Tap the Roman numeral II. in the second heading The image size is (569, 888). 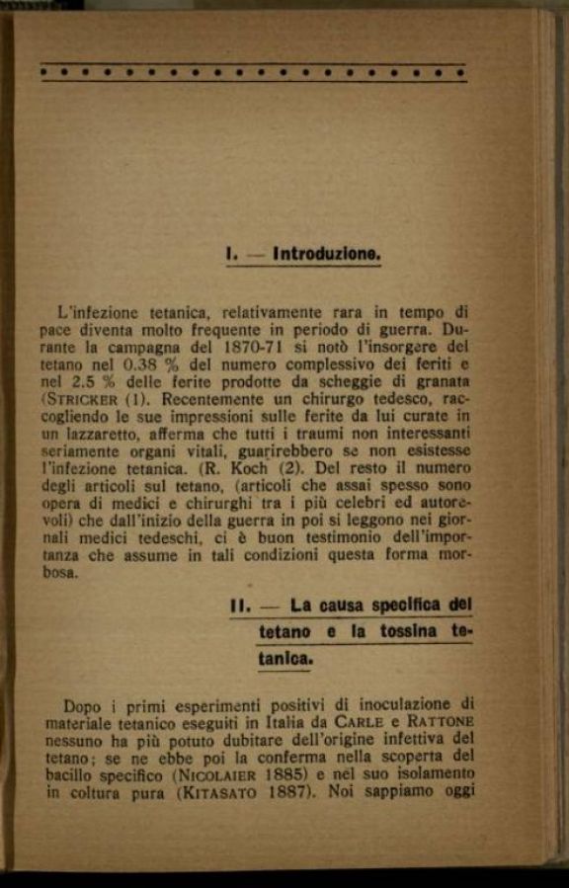pos(239,605)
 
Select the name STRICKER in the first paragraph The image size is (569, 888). pos(83,399)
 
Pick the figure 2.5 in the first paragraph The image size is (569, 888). pos(82,382)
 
